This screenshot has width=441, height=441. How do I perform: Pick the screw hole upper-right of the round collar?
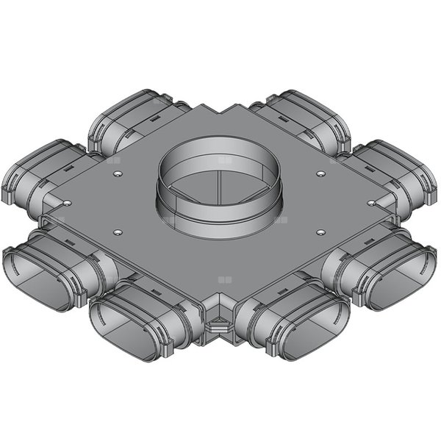(320, 173)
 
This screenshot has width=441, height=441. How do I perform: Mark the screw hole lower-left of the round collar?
(118, 232)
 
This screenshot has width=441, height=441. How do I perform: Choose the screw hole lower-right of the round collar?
(320, 232)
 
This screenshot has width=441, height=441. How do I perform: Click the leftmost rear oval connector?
(33, 173)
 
